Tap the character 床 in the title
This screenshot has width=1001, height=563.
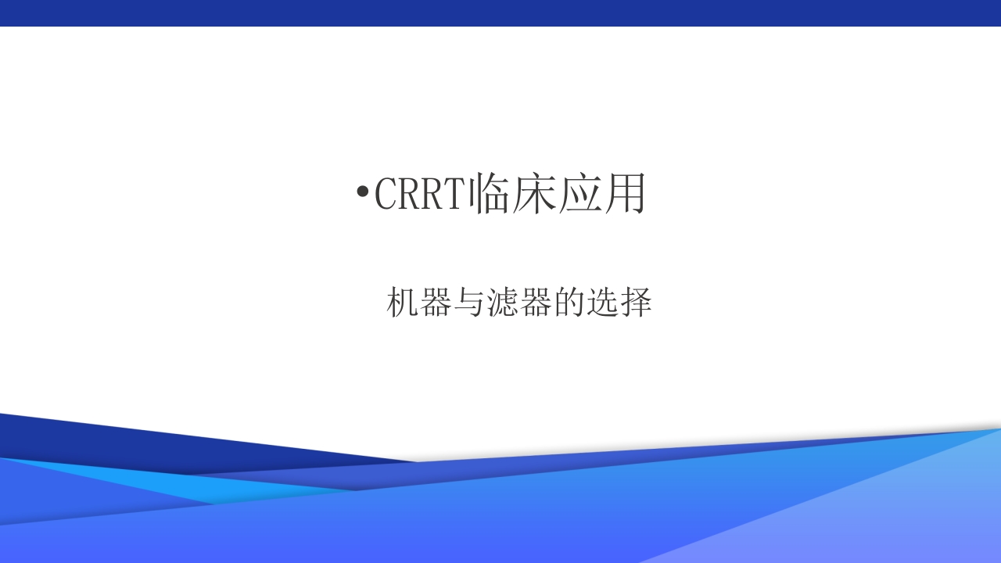coord(535,193)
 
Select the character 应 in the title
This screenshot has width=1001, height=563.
coord(579,193)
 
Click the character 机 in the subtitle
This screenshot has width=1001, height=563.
coord(403,302)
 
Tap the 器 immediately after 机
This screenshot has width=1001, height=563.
coord(436,302)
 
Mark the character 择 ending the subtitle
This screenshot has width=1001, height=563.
coord(636,302)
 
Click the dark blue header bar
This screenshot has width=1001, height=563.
coord(500,13)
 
